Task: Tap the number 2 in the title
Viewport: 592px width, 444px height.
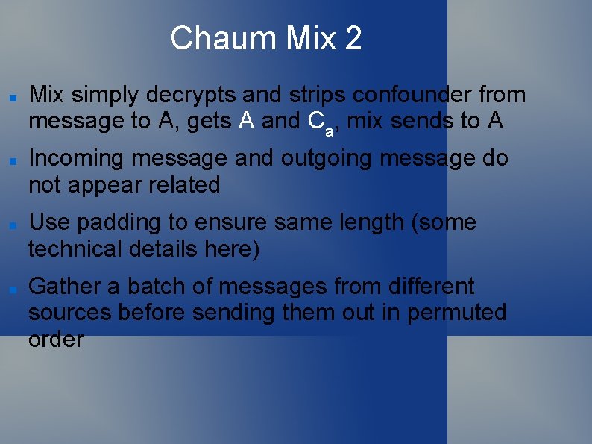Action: click(x=353, y=38)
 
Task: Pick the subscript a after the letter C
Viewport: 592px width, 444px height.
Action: click(x=328, y=131)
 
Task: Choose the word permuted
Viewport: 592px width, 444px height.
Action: click(x=456, y=313)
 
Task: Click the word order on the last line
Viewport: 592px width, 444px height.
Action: click(x=56, y=340)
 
